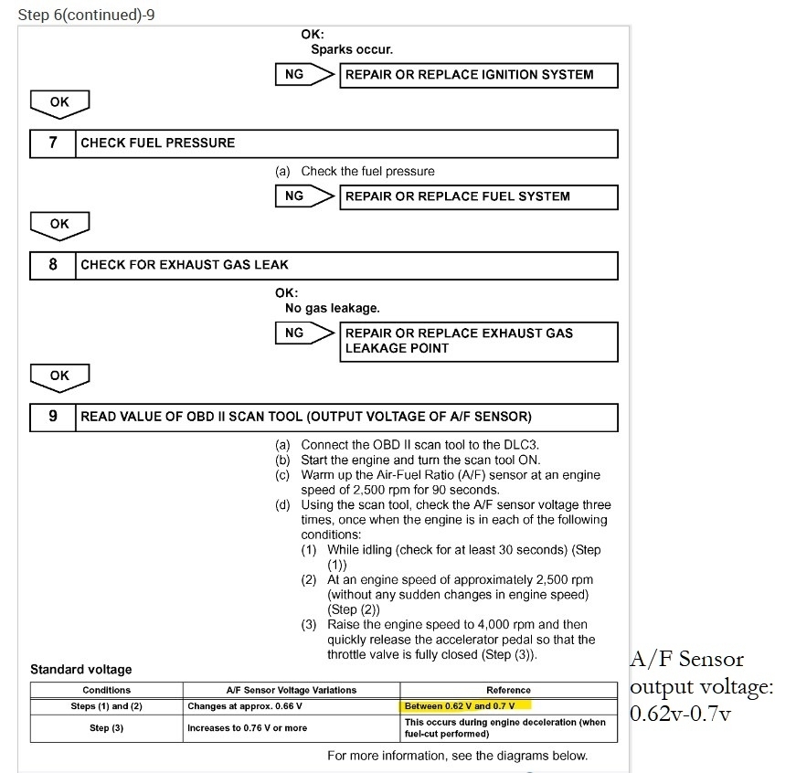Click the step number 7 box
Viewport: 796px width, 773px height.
click(x=53, y=143)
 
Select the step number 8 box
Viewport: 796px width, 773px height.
click(x=53, y=264)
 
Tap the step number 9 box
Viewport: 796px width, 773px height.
click(x=53, y=417)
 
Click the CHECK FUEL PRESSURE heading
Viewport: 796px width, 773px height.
click(x=158, y=143)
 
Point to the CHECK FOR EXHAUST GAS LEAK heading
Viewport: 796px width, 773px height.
click(x=185, y=264)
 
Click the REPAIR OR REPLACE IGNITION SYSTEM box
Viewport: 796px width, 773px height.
click(x=479, y=75)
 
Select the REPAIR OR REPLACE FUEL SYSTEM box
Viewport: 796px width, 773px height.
click(x=479, y=196)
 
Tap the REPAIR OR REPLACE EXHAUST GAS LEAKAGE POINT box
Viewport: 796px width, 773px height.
click(x=479, y=341)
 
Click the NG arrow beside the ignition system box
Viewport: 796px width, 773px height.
click(x=305, y=75)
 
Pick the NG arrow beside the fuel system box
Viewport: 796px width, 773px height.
click(x=305, y=196)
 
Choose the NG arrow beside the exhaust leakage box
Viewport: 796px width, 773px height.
click(x=305, y=334)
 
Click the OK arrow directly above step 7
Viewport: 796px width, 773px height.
click(x=59, y=104)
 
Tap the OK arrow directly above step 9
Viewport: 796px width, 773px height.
click(x=59, y=376)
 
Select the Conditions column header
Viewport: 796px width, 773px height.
click(x=107, y=690)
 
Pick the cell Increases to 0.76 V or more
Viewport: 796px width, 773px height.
click(x=248, y=727)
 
